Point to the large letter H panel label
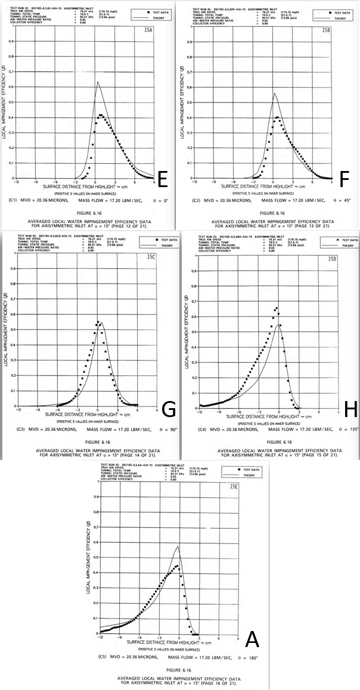click(x=350, y=409)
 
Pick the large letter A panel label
click(x=252, y=640)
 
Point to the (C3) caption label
click(x=13, y=430)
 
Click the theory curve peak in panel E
click(x=98, y=82)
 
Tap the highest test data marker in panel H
click(x=277, y=308)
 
